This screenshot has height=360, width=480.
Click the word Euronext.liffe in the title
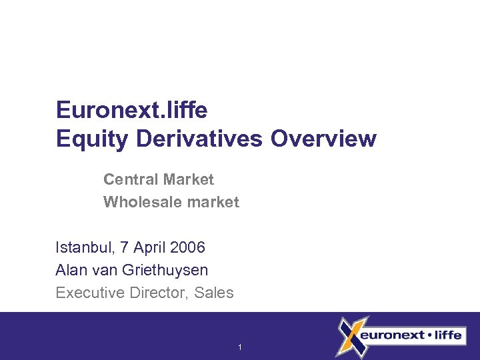click(x=133, y=110)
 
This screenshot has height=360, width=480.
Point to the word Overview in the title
click(x=324, y=139)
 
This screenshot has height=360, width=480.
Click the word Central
click(x=129, y=179)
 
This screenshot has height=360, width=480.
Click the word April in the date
click(x=150, y=248)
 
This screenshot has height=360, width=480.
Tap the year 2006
click(x=187, y=248)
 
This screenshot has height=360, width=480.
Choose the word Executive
click(x=89, y=293)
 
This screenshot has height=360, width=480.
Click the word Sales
click(x=214, y=293)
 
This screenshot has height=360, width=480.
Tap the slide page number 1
click(x=240, y=347)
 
